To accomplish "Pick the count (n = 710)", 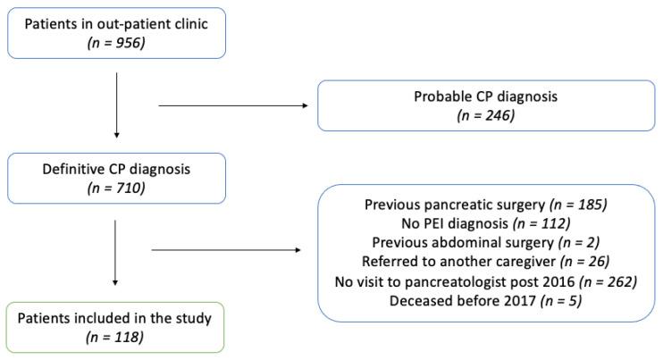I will pos(117,189).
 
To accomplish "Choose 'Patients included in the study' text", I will pos(117,317).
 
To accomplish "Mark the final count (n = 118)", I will pos(117,337).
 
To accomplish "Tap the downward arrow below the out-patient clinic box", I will pos(117,106).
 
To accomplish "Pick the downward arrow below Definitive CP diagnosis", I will pos(117,251).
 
